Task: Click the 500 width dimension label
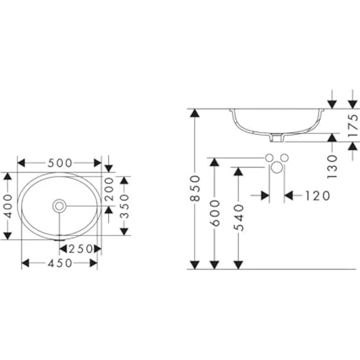tap(60, 162)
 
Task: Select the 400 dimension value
tap(7, 206)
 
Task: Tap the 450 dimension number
tap(60, 263)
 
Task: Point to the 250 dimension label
tap(81, 249)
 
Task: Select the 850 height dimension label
tap(195, 188)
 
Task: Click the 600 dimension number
tap(215, 213)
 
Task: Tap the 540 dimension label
tap(238, 218)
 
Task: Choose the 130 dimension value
tap(333, 166)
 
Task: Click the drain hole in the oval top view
tap(60, 206)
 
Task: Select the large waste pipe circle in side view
tap(277, 168)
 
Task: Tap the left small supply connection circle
tap(269, 157)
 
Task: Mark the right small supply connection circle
tap(285, 157)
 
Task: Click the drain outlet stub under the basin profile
tap(277, 139)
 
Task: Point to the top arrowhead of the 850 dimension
tap(195, 113)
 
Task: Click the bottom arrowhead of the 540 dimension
tap(238, 264)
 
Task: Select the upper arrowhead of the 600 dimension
tap(215, 162)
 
